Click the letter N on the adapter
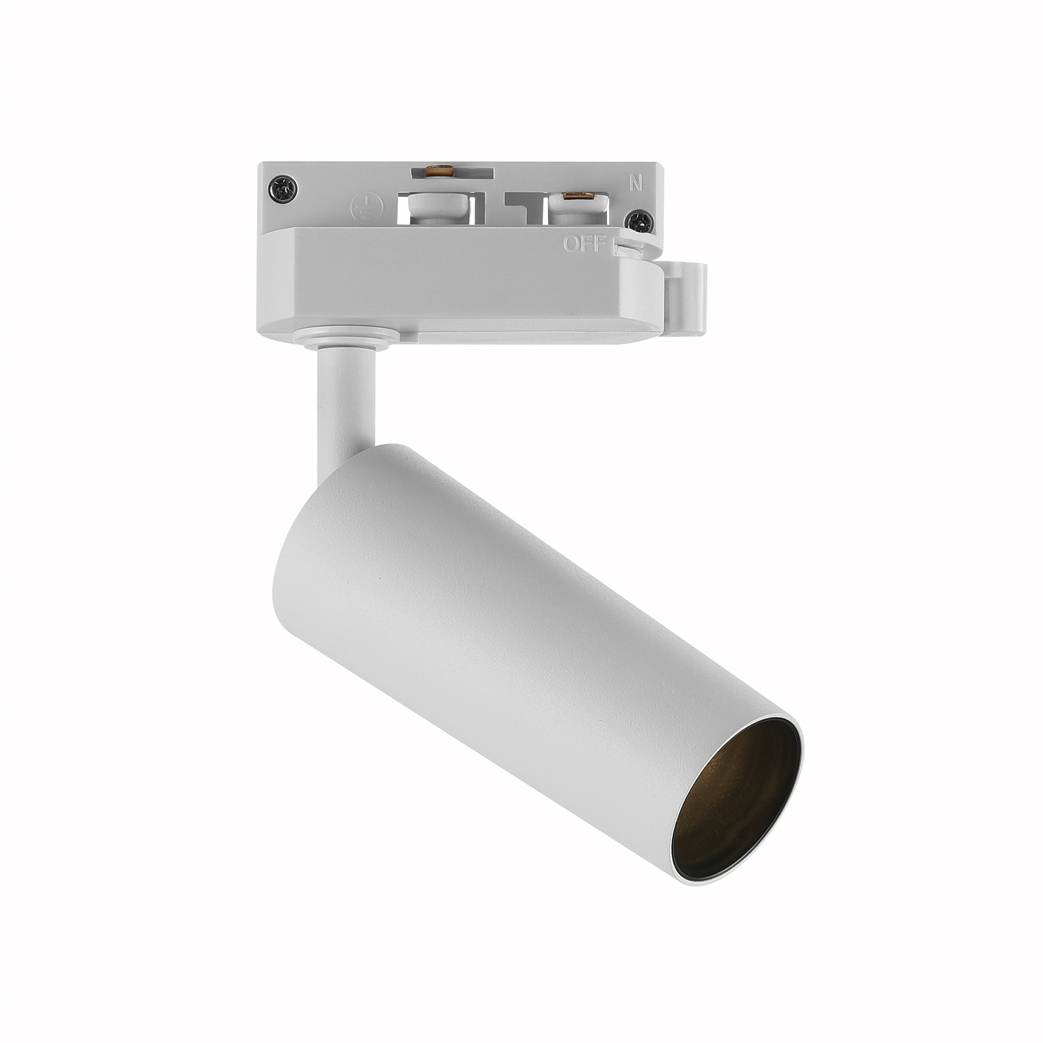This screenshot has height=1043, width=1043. coord(635,184)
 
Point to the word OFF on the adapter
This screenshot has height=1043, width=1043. coord(585,243)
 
